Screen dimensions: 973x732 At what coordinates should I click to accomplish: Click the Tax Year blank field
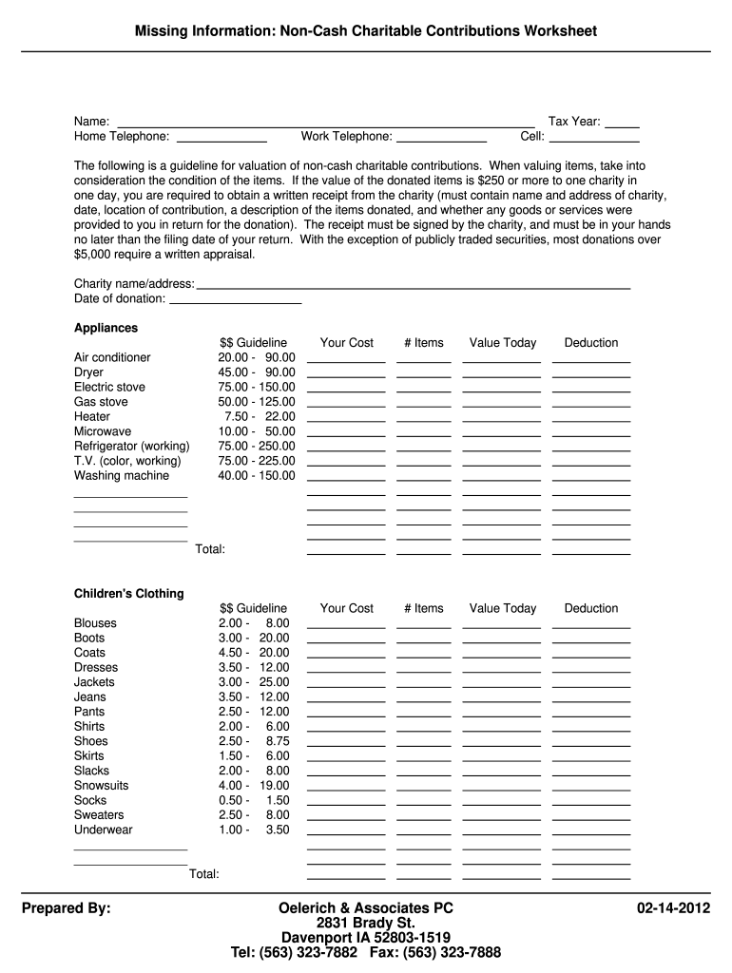point(622,123)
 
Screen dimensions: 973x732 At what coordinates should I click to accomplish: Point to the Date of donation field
point(235,299)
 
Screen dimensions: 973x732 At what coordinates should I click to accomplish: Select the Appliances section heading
point(106,328)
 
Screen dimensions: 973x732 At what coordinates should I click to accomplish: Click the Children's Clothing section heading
point(129,594)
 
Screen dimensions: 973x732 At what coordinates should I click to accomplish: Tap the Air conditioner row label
point(112,357)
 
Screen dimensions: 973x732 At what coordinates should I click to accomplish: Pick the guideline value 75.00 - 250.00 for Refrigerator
point(257,446)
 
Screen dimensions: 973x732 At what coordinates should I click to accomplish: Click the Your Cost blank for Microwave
point(346,433)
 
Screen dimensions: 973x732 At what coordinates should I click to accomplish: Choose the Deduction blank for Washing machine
point(590,477)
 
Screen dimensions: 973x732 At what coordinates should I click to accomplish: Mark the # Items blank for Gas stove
point(424,404)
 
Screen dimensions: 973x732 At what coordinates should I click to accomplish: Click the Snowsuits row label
point(101,786)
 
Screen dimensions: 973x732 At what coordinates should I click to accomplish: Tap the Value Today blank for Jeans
point(501,698)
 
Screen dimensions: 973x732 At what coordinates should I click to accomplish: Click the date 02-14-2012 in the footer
point(673,908)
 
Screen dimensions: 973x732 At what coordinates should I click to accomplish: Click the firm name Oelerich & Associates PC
point(365,908)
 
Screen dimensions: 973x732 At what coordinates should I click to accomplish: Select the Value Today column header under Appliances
point(502,343)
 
